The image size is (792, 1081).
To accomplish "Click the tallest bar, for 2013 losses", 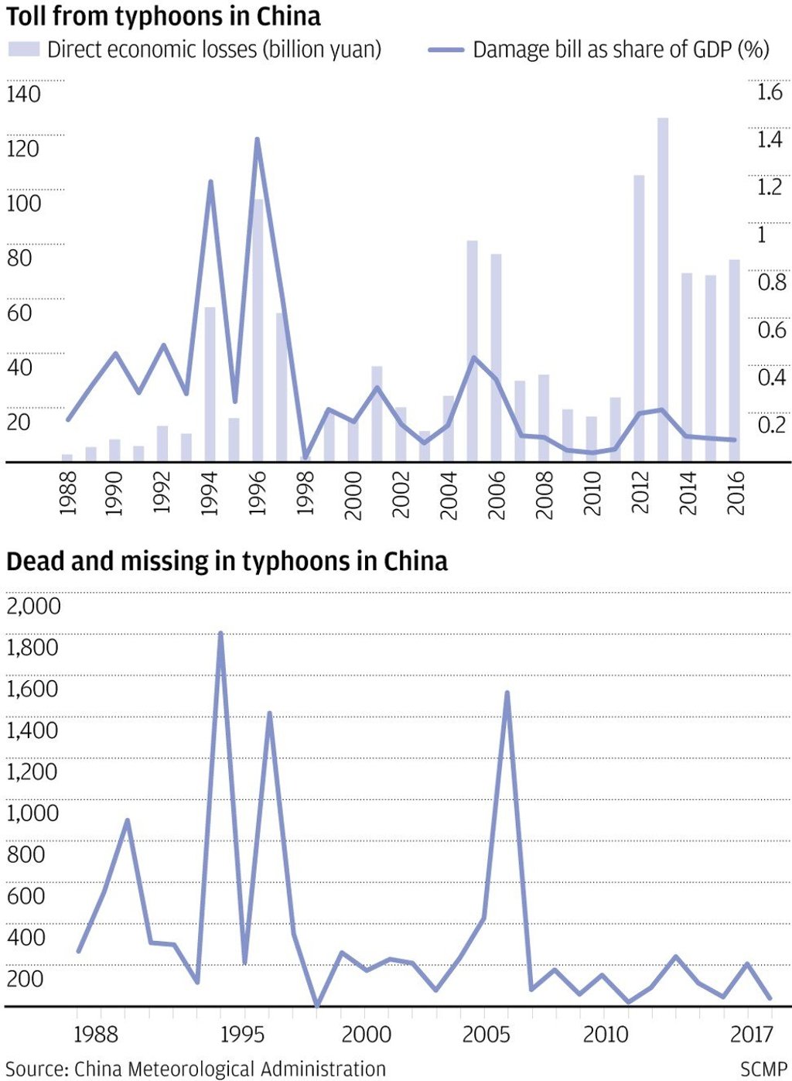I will pos(663,289).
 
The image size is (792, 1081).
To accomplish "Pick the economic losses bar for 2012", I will pos(639,318).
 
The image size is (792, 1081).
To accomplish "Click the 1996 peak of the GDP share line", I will pos(258,140).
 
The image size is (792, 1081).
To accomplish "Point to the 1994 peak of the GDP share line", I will pos(210,182).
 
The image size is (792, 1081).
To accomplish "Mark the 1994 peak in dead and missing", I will pos(221,634).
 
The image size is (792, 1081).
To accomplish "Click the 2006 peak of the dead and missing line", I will pos(507,693).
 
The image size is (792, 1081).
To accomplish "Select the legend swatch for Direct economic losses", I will pos(23,50).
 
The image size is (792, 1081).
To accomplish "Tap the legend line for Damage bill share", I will pos(446,50).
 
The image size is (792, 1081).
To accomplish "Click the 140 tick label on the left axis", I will pos(23,94).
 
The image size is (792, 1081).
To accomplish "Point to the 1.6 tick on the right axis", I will pos(770,92).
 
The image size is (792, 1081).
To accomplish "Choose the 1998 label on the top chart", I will pos(306,493).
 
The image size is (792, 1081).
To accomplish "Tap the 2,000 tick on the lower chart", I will pos(33,606).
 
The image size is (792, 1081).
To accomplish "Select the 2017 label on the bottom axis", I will pos(752,1034).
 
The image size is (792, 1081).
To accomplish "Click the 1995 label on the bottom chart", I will pos(242,1034).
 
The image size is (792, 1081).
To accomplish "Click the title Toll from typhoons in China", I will pos(163,16).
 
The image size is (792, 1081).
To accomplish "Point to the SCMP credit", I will pos(763,1069).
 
